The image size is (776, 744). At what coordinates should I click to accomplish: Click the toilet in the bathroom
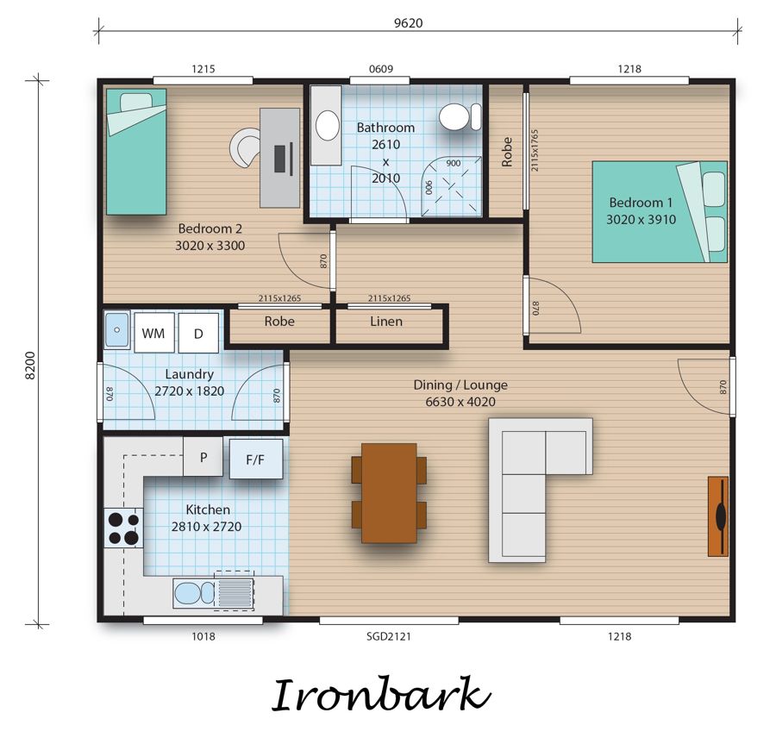pyautogui.click(x=460, y=117)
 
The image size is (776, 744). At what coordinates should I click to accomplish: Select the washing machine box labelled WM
pyautogui.click(x=154, y=333)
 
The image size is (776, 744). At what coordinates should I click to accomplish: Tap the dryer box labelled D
pyautogui.click(x=198, y=333)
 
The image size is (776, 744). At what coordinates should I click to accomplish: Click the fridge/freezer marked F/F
pyautogui.click(x=256, y=459)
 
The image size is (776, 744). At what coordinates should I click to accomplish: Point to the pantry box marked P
pyautogui.click(x=203, y=457)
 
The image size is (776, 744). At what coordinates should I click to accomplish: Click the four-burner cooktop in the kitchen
pyautogui.click(x=123, y=528)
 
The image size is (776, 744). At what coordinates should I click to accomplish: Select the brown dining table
pyautogui.click(x=390, y=493)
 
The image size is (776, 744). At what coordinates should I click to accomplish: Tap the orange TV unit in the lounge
pyautogui.click(x=718, y=516)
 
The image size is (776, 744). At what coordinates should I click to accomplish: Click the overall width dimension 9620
pyautogui.click(x=409, y=23)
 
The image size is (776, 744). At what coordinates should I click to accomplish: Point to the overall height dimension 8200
pyautogui.click(x=30, y=366)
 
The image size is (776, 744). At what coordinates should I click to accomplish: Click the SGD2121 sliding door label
pyautogui.click(x=389, y=636)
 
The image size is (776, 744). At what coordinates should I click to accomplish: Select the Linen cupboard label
pyautogui.click(x=386, y=322)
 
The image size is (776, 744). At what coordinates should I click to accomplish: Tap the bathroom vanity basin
pyautogui.click(x=327, y=125)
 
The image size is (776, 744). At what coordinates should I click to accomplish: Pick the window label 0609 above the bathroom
pyautogui.click(x=381, y=69)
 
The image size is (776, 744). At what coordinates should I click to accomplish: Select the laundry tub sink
pyautogui.click(x=117, y=329)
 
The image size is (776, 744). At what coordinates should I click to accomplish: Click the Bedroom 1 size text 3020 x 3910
pyautogui.click(x=641, y=220)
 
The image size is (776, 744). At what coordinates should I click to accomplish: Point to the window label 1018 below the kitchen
pyautogui.click(x=203, y=636)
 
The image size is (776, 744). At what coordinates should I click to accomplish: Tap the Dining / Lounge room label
pyautogui.click(x=460, y=385)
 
